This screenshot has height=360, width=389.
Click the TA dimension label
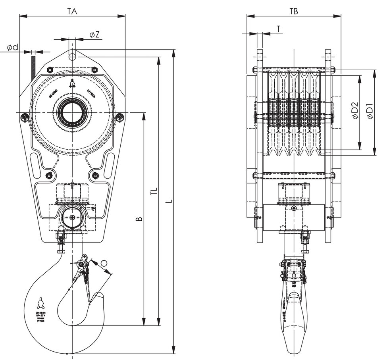coord(72,12)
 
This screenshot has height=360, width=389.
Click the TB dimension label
coord(294,12)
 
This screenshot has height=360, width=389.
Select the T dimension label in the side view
coord(278,29)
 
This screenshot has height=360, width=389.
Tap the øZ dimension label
coord(94,35)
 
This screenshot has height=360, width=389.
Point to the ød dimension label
coord(13,48)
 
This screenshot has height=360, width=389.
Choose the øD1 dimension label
coord(369,111)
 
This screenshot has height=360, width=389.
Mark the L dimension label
coord(170,201)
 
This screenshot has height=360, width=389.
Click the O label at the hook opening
coord(104,263)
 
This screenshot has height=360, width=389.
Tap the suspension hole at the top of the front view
coord(72,56)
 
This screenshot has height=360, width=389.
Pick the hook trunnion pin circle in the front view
coord(72,217)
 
